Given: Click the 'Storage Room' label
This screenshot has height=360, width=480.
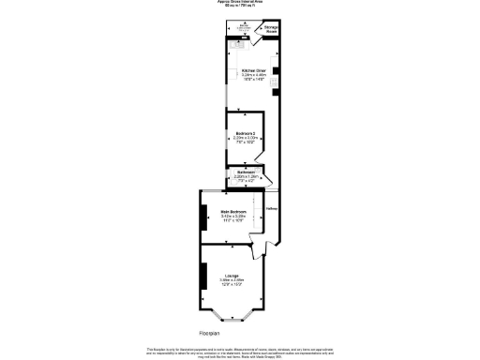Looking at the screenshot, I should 269,29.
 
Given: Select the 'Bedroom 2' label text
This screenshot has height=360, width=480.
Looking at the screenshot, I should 245,133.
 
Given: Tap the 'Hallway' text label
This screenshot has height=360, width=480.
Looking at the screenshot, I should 273,208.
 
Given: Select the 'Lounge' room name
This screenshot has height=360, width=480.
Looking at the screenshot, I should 231,275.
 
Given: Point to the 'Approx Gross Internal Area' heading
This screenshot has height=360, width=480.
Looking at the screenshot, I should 239,2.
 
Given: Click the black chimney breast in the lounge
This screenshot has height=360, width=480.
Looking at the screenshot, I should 202,277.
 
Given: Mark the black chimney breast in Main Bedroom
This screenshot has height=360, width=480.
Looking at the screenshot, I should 202,218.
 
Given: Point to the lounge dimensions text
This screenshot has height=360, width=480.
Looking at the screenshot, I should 231,281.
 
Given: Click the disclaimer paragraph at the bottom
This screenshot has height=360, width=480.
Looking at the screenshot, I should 239,352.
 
